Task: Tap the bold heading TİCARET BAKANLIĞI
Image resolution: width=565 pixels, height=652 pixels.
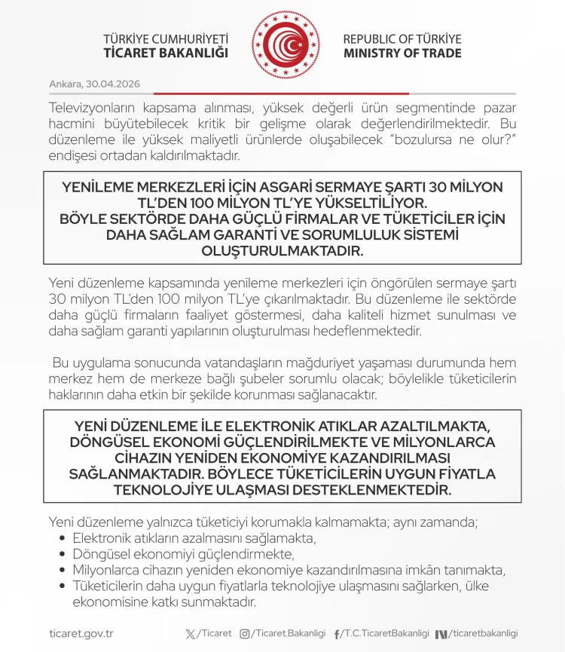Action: point(166,54)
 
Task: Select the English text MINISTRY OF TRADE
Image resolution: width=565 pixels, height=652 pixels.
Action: point(402,54)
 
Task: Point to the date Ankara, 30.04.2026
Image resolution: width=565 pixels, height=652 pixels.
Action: point(94,83)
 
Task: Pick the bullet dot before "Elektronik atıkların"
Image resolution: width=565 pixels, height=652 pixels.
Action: point(63,538)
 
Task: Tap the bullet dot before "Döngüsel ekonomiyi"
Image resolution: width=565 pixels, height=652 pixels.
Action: point(63,554)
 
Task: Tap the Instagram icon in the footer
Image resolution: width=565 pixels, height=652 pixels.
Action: point(244,634)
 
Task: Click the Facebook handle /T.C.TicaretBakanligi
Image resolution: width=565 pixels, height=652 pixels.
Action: point(385,634)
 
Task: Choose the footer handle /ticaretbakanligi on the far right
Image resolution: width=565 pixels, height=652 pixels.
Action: point(484,634)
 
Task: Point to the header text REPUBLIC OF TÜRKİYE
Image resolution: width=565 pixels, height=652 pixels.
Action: point(402,38)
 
